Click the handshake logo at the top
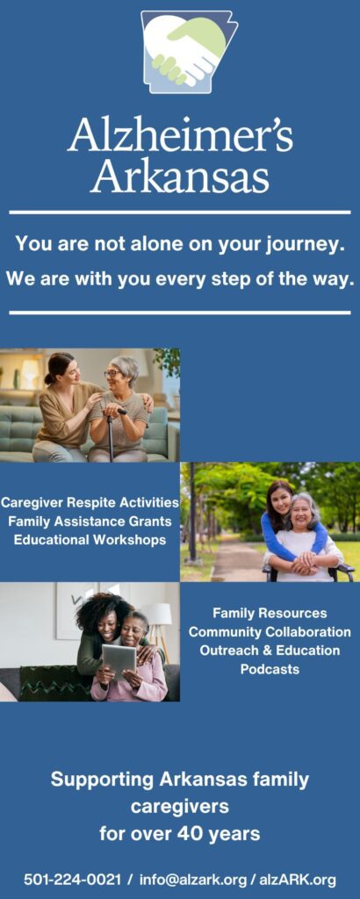tap(189, 52)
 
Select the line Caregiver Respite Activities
tap(90, 503)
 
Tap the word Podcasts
tap(270, 668)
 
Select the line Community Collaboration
tap(270, 632)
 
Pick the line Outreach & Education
tap(270, 651)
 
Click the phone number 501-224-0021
tap(73, 879)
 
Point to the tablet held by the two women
tap(119, 659)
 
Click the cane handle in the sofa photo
tap(116, 411)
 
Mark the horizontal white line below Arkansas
tap(180, 212)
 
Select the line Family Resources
tap(270, 614)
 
